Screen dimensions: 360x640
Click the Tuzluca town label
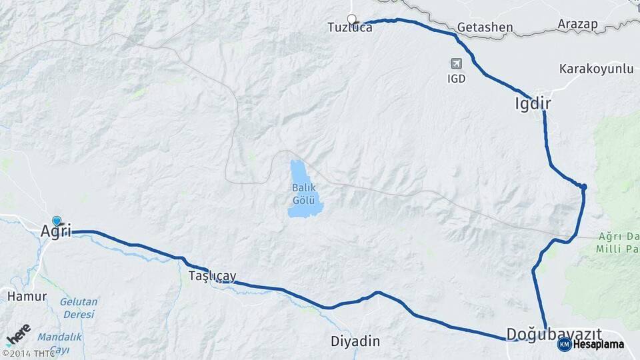coord(349,28)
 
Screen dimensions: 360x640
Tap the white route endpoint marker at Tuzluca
coord(351,19)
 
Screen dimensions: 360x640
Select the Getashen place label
coord(485,28)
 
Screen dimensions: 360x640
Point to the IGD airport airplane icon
coord(457,63)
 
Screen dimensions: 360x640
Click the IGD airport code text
coord(457,78)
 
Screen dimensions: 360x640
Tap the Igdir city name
coord(533,103)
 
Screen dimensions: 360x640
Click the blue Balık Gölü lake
coord(305,200)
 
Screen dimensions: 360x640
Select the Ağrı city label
coord(56,232)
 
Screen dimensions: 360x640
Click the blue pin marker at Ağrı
coord(57,221)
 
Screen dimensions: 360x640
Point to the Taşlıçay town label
coord(212,276)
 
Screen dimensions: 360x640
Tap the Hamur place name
coord(27,296)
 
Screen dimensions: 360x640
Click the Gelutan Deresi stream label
coord(79,307)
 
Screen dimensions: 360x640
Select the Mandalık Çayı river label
coord(60,343)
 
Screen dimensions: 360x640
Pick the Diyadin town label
coord(355,341)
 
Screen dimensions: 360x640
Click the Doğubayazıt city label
coord(554,333)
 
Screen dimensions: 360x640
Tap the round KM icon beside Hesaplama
coord(564,344)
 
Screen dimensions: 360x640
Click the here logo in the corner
coord(18,332)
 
